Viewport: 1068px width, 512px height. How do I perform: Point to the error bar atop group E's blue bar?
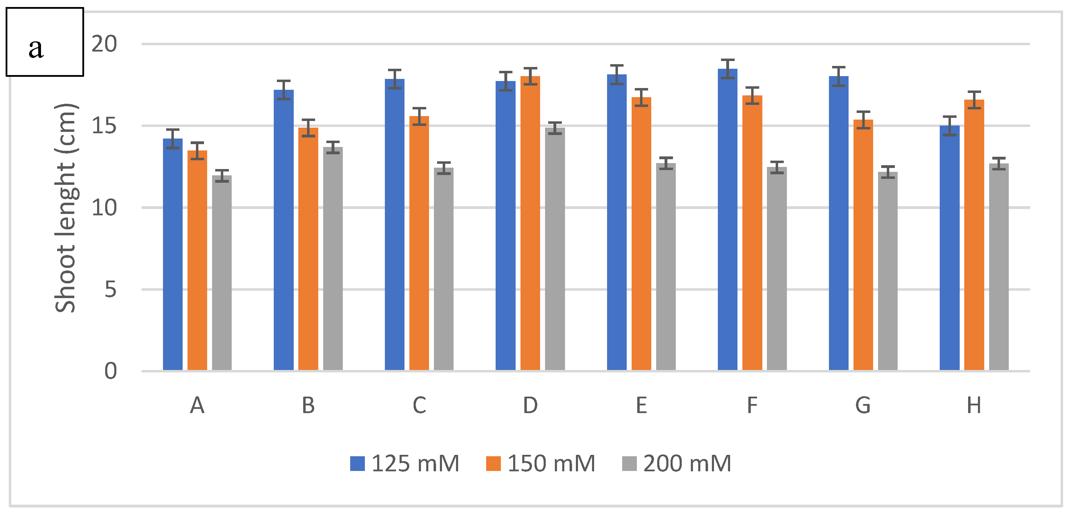point(617,75)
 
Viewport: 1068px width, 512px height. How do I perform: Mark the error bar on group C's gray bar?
point(444,168)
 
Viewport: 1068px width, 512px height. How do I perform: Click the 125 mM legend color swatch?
point(357,464)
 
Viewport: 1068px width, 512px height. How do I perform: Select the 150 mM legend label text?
point(551,464)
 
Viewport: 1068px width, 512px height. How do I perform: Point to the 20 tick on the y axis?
point(104,43)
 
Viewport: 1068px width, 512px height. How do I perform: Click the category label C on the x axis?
point(419,405)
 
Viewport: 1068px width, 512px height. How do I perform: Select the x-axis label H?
point(974,405)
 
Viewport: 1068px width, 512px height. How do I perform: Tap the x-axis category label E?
point(641,405)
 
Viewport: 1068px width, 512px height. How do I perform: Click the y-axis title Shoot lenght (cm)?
point(66,208)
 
